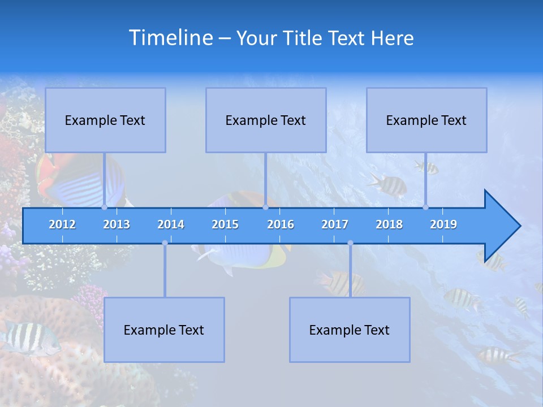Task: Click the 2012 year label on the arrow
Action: click(62, 224)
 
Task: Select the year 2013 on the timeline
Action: click(117, 224)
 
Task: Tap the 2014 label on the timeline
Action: click(171, 224)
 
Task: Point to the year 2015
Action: click(225, 224)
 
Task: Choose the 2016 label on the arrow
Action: click(281, 224)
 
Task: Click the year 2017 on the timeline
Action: click(335, 224)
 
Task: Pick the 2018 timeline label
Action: click(389, 224)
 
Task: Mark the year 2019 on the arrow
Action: click(443, 224)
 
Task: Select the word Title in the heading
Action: click(304, 38)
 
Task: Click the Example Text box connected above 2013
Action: click(105, 120)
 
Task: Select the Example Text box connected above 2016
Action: click(266, 120)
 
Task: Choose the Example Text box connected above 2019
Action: click(426, 120)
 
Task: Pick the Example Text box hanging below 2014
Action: click(164, 330)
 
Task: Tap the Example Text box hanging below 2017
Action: click(350, 330)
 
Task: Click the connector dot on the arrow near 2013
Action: click(104, 207)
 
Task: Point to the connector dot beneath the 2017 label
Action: click(350, 243)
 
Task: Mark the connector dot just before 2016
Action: click(265, 207)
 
